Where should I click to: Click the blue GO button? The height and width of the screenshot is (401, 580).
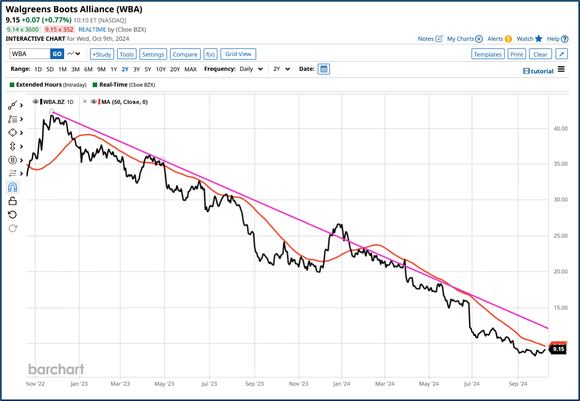57,54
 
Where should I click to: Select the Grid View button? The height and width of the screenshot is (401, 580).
238,54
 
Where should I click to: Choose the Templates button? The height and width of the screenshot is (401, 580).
488,55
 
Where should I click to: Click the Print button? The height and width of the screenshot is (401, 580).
516,55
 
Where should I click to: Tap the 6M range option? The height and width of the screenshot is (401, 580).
88,69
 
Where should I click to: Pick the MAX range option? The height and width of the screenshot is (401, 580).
190,69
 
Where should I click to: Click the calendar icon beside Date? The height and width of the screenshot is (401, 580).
323,69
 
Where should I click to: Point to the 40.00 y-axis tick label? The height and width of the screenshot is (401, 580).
560,129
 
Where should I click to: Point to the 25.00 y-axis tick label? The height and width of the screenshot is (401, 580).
560,236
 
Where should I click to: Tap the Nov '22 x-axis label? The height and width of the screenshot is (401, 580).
35,384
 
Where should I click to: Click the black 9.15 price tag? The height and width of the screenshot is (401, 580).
558,350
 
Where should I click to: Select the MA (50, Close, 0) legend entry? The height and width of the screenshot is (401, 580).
123,102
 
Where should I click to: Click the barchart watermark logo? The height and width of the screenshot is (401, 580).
56,369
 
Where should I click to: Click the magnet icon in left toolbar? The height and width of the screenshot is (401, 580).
13,188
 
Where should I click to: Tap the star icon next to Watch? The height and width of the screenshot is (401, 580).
539,39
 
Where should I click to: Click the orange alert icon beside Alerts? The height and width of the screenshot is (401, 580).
508,39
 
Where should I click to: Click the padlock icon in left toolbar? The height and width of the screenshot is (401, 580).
13,201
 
